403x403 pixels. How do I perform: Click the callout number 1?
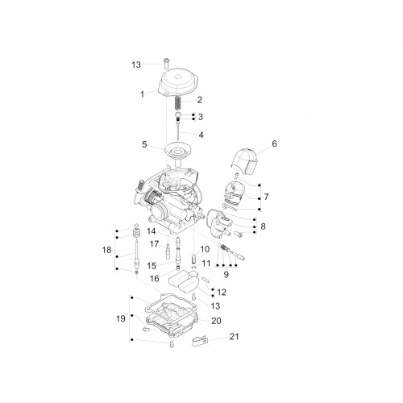tap(143, 94)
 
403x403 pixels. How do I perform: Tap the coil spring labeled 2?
tap(177, 102)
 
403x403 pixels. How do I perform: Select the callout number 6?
tap(274, 143)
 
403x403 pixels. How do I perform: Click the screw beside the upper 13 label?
tap(166, 63)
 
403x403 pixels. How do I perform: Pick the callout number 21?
tap(234, 336)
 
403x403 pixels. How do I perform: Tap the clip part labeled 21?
tap(200, 341)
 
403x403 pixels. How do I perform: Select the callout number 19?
tap(121, 318)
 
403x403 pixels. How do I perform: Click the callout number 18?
tap(106, 250)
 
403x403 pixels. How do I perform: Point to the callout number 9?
tap(226, 274)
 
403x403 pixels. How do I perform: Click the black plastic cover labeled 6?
tap(244, 160)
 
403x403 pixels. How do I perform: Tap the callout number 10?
tap(205, 249)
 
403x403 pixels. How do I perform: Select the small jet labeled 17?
tap(168, 251)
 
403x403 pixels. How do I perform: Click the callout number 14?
tap(152, 231)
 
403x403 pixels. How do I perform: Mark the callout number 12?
tap(222, 292)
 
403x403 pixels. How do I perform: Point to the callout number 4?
tap(201, 135)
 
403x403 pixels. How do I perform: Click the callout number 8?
tap(263, 226)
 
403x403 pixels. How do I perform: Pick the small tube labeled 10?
tap(194, 258)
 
